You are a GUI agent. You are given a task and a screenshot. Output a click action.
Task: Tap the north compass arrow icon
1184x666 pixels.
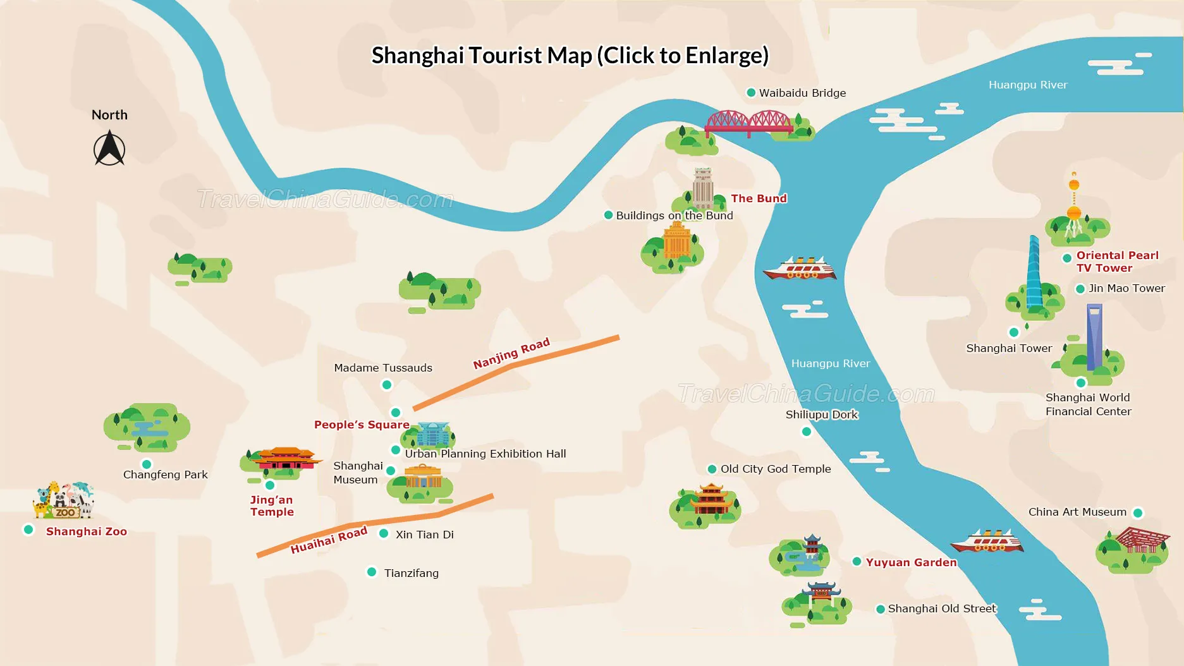pos(109,148)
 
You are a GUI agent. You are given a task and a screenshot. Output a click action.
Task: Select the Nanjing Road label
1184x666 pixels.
pos(511,354)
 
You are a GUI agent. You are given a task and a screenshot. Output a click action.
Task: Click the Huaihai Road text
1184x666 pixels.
pos(329,540)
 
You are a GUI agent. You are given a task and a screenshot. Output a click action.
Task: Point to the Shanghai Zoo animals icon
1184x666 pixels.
pos(64,500)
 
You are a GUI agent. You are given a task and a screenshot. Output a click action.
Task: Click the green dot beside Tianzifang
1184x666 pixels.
pos(372,572)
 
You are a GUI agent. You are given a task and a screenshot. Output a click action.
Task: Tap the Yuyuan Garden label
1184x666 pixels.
pos(911,562)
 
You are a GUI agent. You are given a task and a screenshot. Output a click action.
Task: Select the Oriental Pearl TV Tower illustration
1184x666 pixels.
pos(1073,209)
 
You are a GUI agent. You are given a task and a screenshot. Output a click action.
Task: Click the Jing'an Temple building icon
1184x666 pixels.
pos(285,459)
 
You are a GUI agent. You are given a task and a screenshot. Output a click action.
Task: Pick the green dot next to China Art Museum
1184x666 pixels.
pos(1137,512)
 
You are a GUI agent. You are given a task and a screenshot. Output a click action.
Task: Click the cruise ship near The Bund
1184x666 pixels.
pos(800,269)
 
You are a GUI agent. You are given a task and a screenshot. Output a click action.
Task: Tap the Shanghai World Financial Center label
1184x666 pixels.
pos(1088,404)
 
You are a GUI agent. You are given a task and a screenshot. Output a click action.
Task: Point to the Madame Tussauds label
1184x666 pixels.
pos(383,368)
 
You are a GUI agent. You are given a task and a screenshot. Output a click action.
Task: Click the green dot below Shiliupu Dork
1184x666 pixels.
pos(806,432)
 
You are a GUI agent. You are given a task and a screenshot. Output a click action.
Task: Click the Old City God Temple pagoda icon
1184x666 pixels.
pos(711,499)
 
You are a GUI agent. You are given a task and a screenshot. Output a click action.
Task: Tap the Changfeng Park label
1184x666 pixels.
pos(166,475)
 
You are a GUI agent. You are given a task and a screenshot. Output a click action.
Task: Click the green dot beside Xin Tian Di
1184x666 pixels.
pos(383,533)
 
